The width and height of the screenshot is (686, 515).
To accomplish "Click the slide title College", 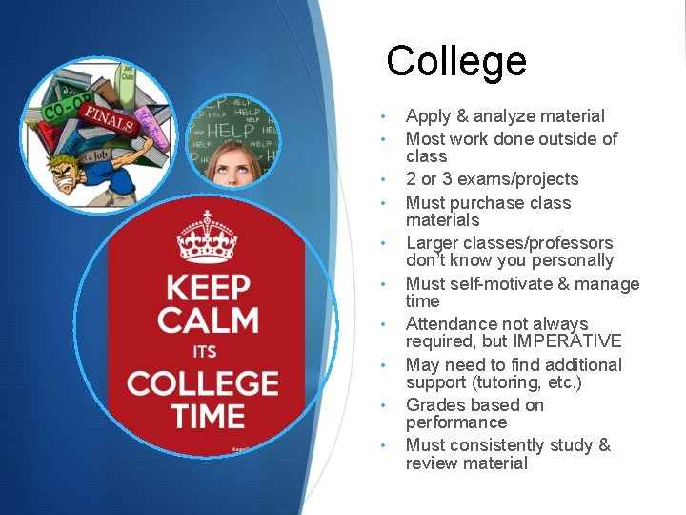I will coord(456,61).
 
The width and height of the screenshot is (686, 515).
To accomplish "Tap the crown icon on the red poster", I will coord(206,237).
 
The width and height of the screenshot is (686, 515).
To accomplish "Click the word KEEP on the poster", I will coord(208,288).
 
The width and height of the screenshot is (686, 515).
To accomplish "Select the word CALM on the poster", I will coord(207,320).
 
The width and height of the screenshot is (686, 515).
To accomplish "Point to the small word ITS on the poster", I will coord(205,352).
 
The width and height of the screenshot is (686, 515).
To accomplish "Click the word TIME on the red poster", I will coord(207,416).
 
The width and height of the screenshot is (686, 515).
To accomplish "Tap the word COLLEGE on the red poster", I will coord(203,383).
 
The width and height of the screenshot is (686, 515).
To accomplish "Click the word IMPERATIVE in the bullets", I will coord(570,341).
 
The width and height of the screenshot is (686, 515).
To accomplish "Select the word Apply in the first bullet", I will coord(428,116).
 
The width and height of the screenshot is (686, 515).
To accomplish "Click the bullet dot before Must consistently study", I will coord(382,445).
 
